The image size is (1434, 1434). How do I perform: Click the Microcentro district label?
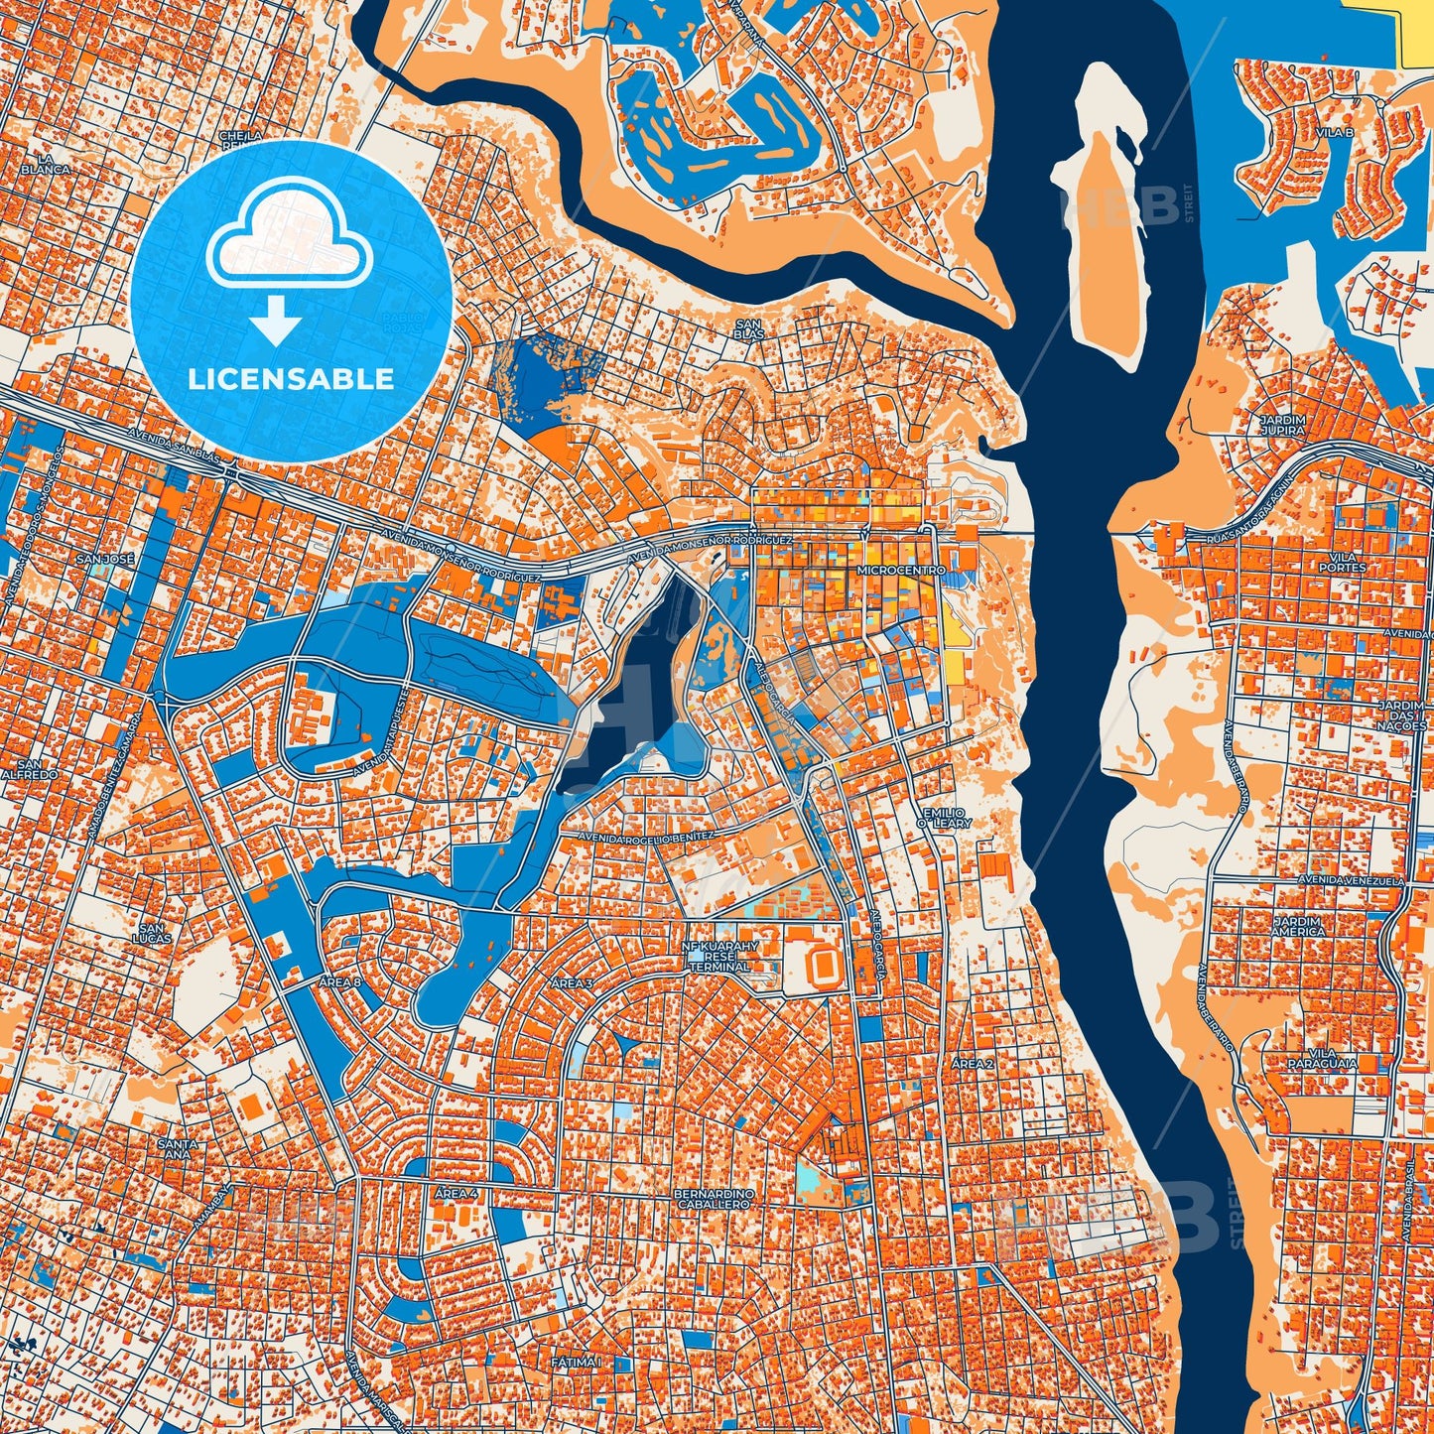pos(887,573)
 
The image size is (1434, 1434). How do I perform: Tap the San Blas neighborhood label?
pos(748,328)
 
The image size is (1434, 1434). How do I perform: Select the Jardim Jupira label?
pos(1282,426)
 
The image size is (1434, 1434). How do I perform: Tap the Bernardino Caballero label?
pos(715,1197)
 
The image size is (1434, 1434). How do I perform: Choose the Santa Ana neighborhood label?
pos(178,1148)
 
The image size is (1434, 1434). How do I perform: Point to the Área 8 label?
pos(340,981)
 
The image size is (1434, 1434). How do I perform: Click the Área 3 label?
pos(572,983)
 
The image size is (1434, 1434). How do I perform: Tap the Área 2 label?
pos(973,1064)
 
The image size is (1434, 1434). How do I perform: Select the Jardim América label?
pos(1298,926)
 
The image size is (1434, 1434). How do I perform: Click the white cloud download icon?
pos(289,253)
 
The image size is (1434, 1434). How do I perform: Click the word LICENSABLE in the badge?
pos(291,379)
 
